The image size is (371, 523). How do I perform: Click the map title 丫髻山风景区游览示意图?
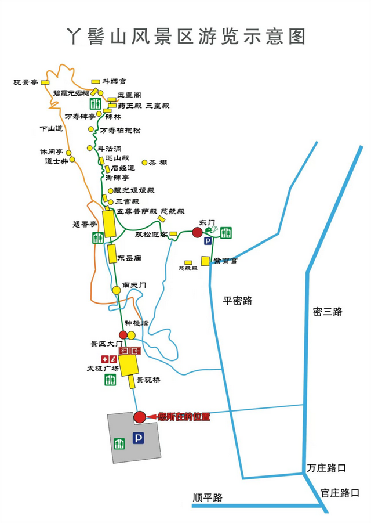[185, 36]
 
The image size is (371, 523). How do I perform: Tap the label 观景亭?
[26, 82]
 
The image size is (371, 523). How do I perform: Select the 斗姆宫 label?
[115, 82]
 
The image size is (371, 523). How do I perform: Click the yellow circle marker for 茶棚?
[144, 163]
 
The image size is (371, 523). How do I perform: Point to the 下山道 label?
[51, 128]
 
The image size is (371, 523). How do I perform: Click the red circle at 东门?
[197, 232]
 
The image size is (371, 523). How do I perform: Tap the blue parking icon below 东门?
[207, 240]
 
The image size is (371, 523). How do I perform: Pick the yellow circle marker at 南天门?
[117, 290]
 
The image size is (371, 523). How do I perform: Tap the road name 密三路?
[328, 311]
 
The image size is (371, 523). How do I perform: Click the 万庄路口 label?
[328, 467]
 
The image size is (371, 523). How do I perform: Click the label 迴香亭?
[85, 224]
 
